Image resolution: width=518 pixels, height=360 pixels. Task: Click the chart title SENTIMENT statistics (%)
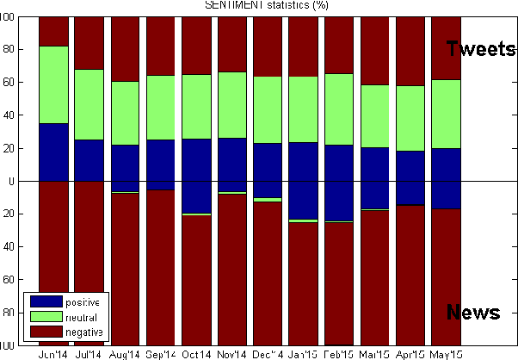(x=266, y=5)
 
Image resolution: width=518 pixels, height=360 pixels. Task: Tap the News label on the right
(x=473, y=313)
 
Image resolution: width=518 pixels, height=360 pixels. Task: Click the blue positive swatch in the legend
(x=46, y=302)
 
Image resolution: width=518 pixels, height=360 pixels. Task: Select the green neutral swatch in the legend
(x=46, y=317)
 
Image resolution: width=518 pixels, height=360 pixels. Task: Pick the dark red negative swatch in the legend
(x=46, y=332)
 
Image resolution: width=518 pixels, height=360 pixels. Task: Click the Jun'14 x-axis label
(x=54, y=354)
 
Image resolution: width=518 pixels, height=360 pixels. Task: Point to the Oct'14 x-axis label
(x=196, y=354)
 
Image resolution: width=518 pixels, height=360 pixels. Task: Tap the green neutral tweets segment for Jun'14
(x=54, y=84)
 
